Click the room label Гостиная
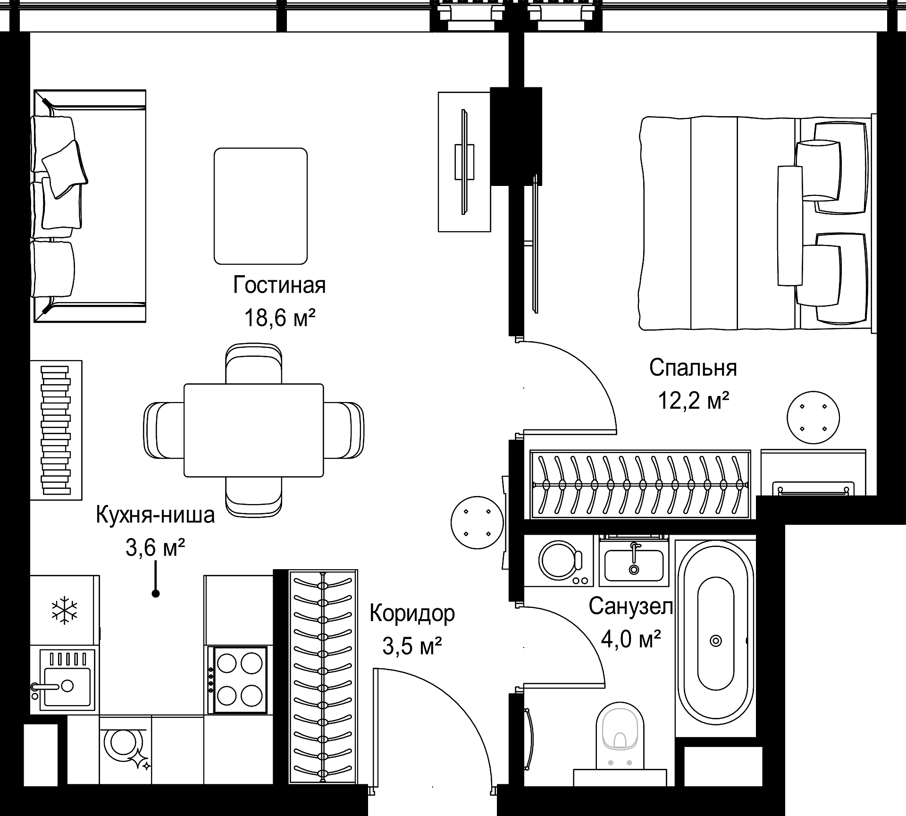tap(279, 286)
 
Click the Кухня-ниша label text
tap(155, 515)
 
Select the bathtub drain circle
tap(716, 641)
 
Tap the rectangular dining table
tap(254, 430)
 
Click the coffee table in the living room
tap(260, 206)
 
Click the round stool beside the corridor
tap(478, 522)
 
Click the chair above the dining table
tap(254, 363)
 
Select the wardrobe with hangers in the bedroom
tap(640, 484)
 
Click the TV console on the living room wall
tap(464, 161)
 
